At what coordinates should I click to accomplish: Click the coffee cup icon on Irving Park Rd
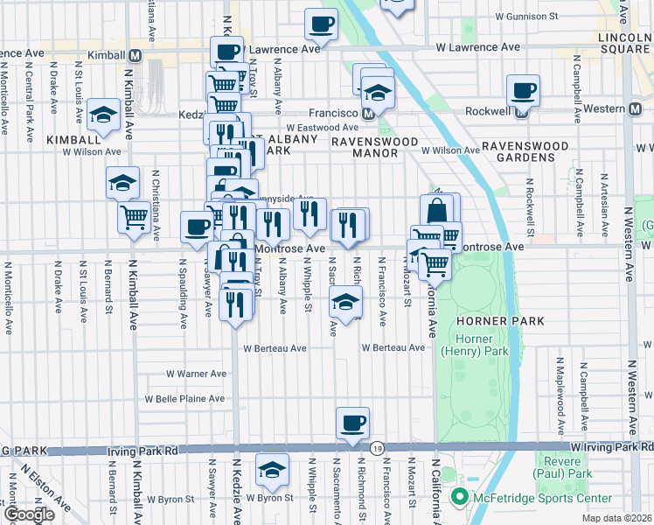point(352,423)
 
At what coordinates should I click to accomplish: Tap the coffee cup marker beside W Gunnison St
point(321,24)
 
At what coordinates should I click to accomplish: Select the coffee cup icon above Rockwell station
point(523,90)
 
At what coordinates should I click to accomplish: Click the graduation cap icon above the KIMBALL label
point(103,115)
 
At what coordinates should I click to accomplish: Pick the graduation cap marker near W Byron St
point(273,471)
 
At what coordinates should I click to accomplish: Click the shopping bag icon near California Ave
point(436,210)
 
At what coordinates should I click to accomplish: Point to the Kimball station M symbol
point(136,54)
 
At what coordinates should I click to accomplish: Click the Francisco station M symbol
point(368,113)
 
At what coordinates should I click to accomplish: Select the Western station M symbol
point(643,108)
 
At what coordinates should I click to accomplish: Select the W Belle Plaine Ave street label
point(185,398)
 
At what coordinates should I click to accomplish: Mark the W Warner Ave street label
point(197,374)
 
